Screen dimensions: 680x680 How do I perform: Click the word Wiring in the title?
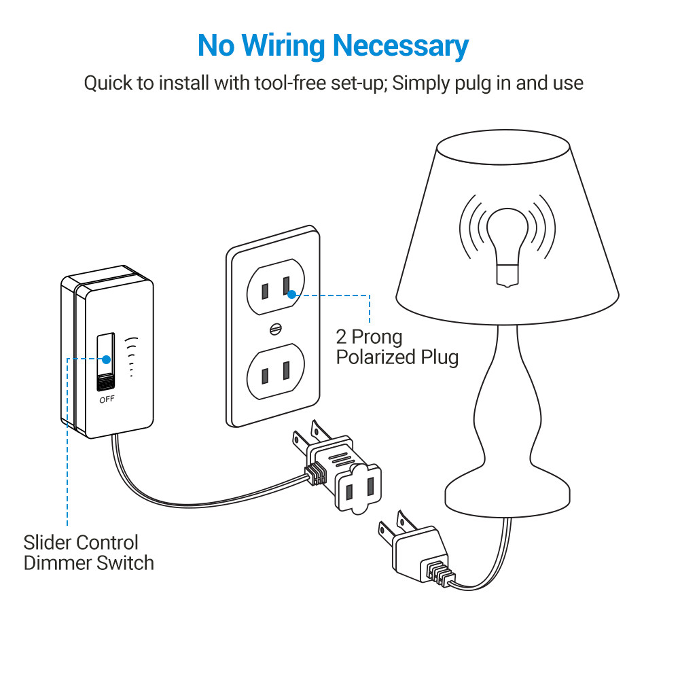pyautogui.click(x=286, y=46)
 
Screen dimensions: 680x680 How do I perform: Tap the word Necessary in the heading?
pyautogui.click(x=400, y=46)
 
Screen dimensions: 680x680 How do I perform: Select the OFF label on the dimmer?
pyautogui.click(x=107, y=399)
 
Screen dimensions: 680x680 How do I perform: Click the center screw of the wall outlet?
pyautogui.click(x=275, y=328)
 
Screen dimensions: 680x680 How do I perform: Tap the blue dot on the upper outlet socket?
pyautogui.click(x=291, y=294)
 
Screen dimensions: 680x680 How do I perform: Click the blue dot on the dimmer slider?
pyautogui.click(x=105, y=358)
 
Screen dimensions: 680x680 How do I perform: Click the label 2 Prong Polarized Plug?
pyautogui.click(x=397, y=346)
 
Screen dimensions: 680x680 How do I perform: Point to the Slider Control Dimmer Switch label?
pyautogui.click(x=88, y=552)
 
